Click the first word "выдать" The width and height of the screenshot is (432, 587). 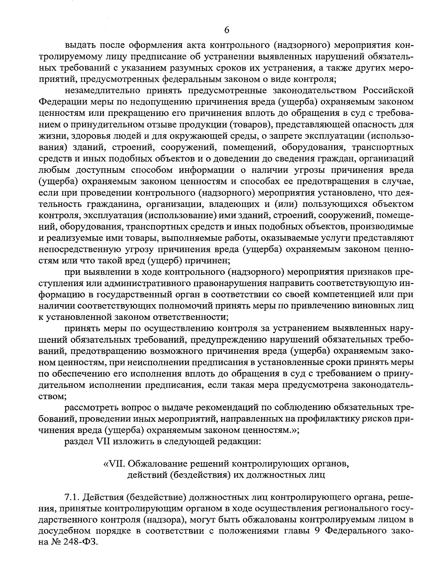click(76, 46)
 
